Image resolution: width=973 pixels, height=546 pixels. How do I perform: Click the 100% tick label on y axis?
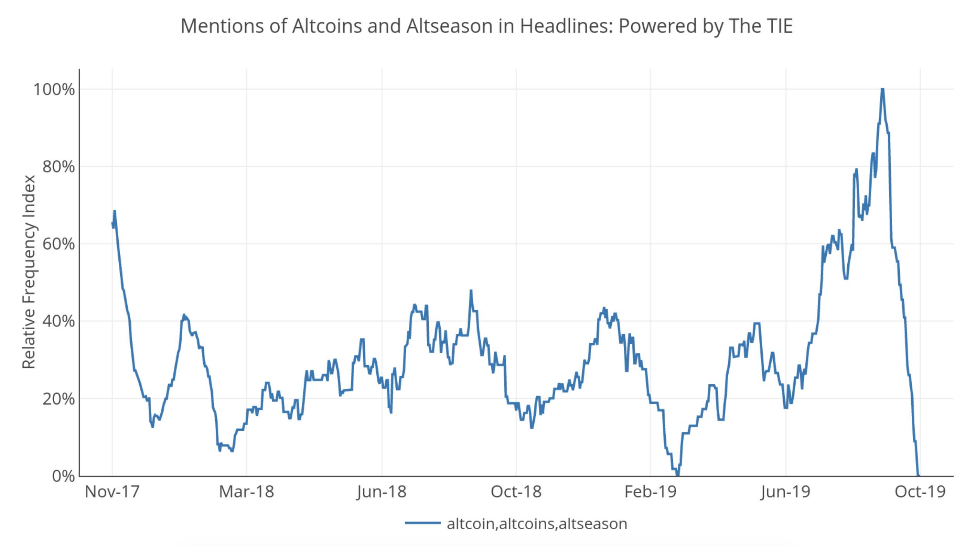pos(54,90)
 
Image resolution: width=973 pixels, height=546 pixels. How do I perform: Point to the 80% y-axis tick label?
pos(58,167)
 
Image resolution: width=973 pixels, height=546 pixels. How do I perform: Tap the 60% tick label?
pos(58,244)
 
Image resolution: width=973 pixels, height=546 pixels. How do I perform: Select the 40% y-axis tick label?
pos(58,321)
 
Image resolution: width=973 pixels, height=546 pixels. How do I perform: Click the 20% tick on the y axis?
pos(58,399)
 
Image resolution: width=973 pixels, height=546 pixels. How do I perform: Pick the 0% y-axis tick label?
pos(63,476)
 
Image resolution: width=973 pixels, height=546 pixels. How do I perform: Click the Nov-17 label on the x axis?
pos(112,492)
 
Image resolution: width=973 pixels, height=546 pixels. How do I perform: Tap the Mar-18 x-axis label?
pos(246,492)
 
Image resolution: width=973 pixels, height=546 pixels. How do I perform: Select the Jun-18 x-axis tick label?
pos(382,492)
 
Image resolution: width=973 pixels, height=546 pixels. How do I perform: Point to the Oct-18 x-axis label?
pos(516,492)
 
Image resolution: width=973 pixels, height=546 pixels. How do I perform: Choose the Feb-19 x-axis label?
pos(650,492)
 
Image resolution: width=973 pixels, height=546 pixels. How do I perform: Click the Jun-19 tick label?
pos(786,492)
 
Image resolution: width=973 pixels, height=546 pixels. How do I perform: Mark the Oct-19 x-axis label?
pos(920,492)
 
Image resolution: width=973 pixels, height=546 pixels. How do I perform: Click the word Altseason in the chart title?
pos(449,26)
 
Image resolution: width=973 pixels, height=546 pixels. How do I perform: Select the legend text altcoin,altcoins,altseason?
pos(537,524)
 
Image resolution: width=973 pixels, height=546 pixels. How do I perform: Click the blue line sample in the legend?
pos(422,523)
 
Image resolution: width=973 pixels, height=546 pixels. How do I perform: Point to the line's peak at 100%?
pos(882,90)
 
